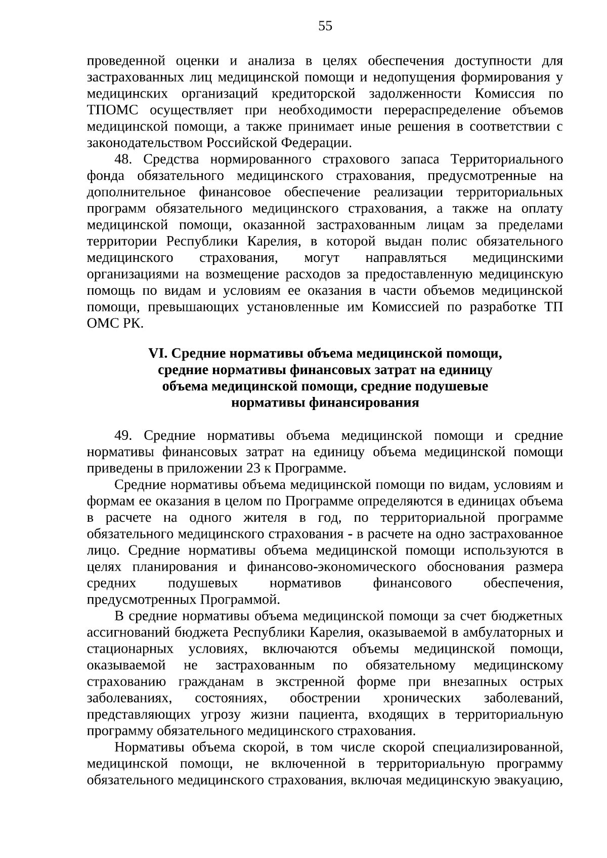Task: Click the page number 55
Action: (325, 26)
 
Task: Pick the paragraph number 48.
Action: (123, 160)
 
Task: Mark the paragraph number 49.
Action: (123, 436)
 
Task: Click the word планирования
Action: (169, 567)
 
